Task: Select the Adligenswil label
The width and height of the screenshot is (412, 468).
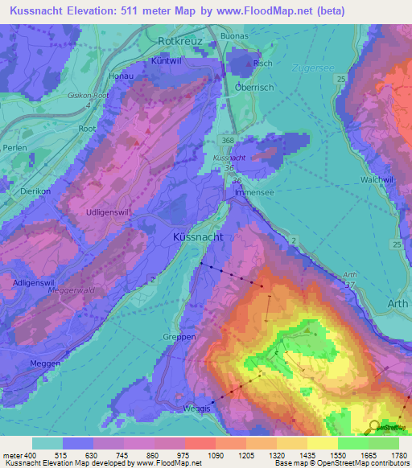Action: point(35,282)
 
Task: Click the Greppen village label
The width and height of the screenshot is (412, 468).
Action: point(179,338)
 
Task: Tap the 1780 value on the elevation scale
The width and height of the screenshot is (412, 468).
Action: point(398,454)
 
